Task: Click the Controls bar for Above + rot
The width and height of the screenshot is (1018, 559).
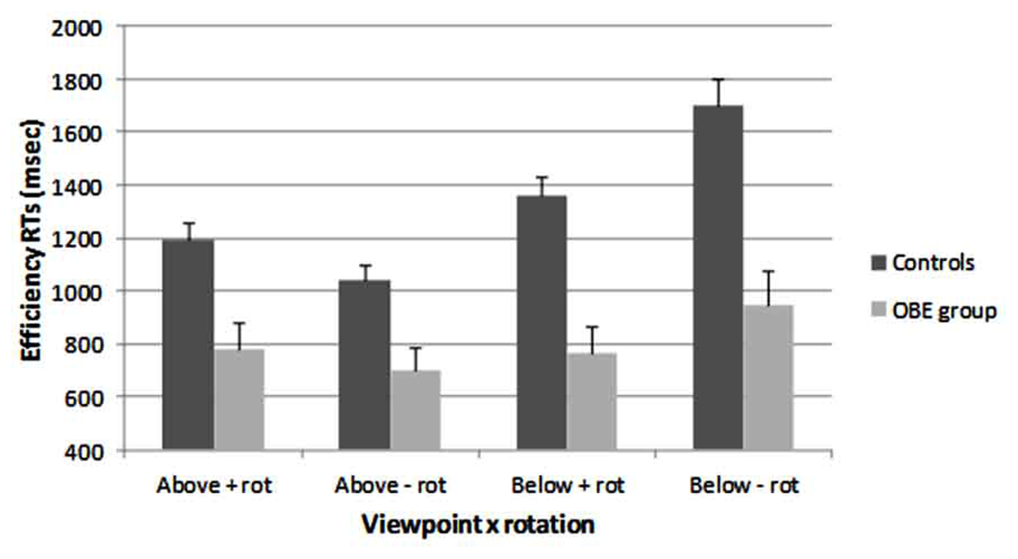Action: coord(188,344)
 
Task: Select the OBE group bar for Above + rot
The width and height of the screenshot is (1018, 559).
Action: coord(239,399)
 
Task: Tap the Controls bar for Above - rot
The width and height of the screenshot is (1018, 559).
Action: coord(364,364)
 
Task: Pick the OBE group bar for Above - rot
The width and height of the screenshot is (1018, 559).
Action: coord(416,410)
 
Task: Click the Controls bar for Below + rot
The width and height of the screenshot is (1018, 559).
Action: coord(541,323)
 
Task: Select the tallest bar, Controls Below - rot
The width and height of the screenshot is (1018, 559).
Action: coord(718,277)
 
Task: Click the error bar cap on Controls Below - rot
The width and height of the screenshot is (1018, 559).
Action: coord(718,79)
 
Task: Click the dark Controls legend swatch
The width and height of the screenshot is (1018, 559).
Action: coord(878,263)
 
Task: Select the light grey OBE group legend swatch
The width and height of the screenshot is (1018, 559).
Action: coord(878,311)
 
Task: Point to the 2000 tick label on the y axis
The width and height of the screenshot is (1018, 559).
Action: coord(76,29)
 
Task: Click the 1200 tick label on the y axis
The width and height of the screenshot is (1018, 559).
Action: coord(76,240)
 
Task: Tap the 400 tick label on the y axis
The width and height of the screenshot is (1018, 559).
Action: coord(84,452)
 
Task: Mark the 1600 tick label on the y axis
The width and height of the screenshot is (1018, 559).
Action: coord(76,133)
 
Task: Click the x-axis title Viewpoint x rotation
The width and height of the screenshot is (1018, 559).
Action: coord(478,525)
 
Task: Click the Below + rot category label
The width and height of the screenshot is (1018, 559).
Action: coord(568,486)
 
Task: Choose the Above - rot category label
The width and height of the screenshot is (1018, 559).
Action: coord(390,486)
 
